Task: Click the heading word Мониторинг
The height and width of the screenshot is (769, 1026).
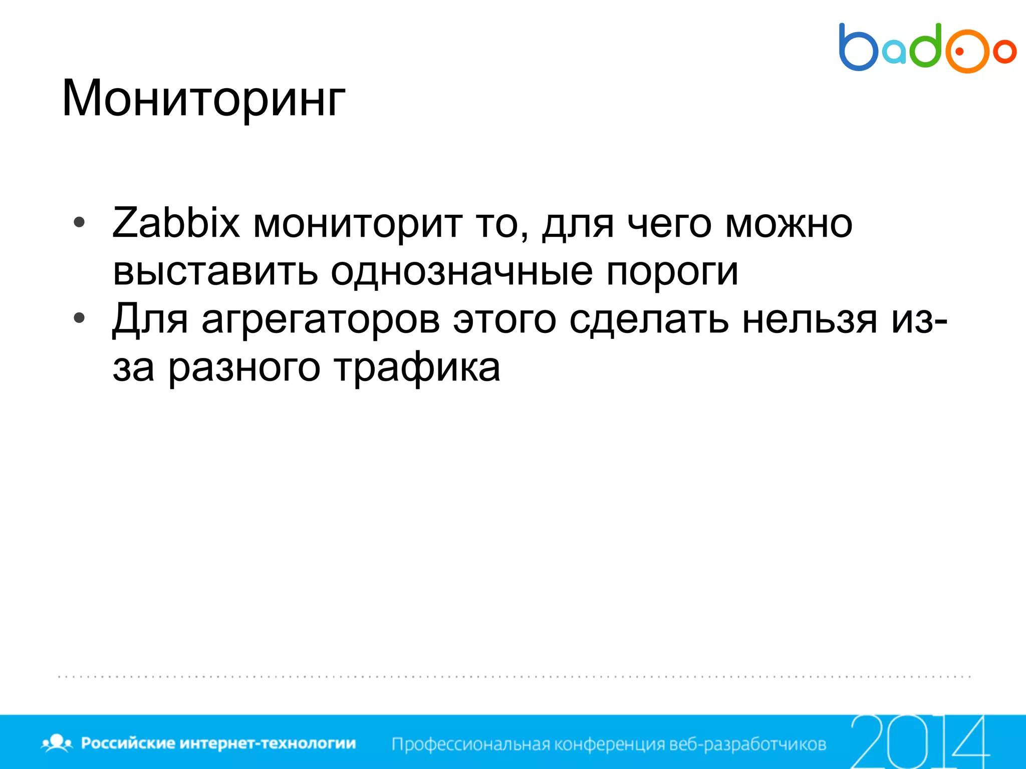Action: coord(203,99)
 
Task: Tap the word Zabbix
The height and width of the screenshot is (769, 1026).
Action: coord(176,223)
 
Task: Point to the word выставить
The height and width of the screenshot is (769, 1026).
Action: coord(215,272)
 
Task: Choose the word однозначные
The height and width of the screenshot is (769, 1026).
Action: coord(461,272)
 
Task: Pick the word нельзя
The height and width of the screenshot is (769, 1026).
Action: coord(810,319)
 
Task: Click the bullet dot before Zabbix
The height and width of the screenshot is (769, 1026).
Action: coord(79,223)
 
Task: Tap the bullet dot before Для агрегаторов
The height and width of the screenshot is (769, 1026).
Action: coord(79,318)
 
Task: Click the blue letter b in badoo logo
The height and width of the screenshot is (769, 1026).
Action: coord(857,48)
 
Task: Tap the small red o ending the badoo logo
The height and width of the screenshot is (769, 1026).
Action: coord(1004,52)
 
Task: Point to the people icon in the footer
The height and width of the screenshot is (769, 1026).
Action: coord(57,743)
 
